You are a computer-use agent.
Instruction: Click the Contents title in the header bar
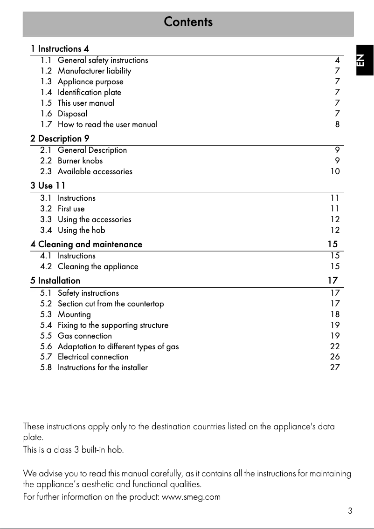point(188,22)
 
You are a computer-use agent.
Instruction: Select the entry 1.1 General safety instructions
point(103,60)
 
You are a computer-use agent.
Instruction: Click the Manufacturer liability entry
point(94,71)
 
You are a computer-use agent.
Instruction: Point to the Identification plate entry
point(89,92)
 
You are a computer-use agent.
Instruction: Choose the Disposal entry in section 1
point(72,114)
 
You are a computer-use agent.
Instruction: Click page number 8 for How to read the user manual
point(337,124)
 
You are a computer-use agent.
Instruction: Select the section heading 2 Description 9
point(60,138)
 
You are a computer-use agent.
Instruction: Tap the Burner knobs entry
point(80,161)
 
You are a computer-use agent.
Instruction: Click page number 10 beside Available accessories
point(335,171)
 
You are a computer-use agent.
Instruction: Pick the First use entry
point(71,209)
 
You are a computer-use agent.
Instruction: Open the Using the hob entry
point(81,230)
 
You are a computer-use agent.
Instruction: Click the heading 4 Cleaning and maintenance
point(86,244)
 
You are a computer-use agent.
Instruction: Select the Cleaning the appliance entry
point(98,266)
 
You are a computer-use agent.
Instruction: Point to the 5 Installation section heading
point(55,281)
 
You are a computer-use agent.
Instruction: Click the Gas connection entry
point(84,336)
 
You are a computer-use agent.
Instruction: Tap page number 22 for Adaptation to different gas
point(335,346)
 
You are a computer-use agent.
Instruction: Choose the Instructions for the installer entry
point(103,367)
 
